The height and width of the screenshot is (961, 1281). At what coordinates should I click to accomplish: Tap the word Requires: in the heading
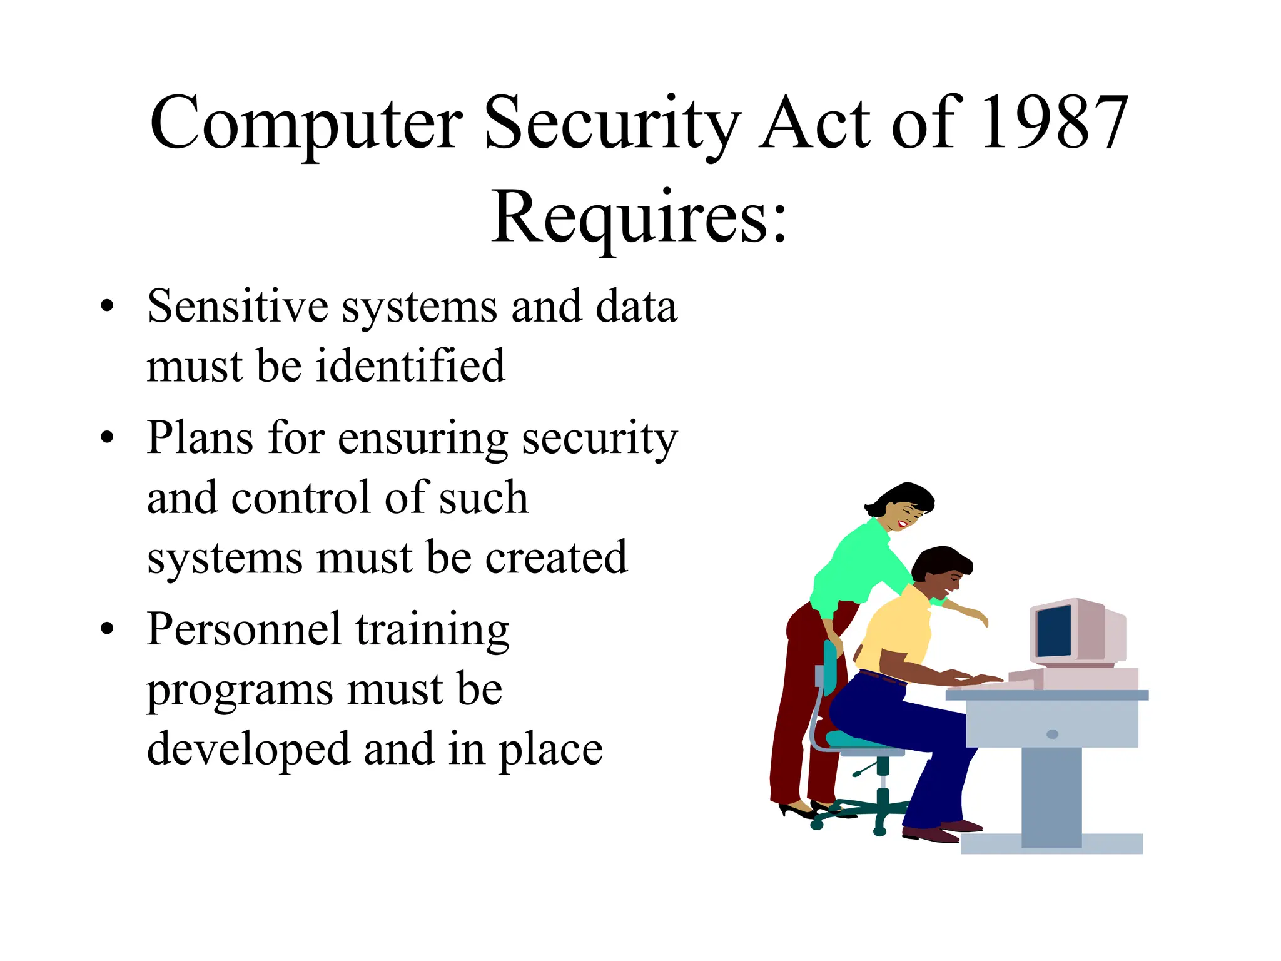coord(639,217)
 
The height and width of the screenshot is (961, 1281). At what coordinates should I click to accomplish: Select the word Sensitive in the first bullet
coord(238,307)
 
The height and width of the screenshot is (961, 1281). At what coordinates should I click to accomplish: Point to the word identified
coord(410,366)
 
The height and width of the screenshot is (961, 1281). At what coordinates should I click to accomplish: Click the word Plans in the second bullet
coord(200,437)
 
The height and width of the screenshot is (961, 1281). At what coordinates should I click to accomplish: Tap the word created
coord(556,557)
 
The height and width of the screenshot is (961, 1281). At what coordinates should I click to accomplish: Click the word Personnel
coord(244,629)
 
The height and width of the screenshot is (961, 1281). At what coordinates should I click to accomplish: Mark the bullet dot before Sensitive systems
coord(108,307)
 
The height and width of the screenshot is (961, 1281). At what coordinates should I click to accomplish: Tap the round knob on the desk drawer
coord(1052,734)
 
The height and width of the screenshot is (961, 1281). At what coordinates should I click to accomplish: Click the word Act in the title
coord(816,123)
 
